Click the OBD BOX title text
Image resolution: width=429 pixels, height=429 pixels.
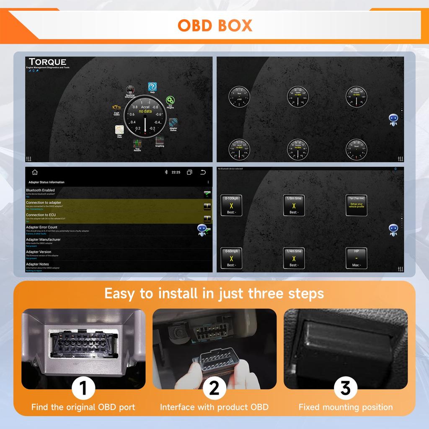point(215,25)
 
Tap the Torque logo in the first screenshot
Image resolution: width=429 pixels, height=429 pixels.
point(47,62)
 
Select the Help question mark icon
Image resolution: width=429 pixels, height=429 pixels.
point(152,87)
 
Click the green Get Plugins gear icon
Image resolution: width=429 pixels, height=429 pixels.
point(170,100)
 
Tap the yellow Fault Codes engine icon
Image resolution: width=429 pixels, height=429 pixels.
point(116,108)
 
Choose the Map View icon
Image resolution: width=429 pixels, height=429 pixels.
point(119,130)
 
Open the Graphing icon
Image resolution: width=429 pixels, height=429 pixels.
point(160,140)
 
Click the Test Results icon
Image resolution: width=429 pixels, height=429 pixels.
point(137,144)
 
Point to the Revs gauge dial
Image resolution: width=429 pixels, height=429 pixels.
point(239,97)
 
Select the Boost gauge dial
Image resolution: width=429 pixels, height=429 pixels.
point(356,150)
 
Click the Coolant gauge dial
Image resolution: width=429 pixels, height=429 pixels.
point(356,97)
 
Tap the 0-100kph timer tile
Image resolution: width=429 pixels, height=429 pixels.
point(231,205)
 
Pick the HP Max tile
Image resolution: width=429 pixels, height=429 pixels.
point(356,258)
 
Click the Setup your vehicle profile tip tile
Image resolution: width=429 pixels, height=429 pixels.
point(356,205)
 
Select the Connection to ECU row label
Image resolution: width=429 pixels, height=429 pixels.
point(40,215)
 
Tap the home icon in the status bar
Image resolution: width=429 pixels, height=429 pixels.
point(35,172)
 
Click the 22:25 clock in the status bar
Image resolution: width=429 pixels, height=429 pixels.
point(176,172)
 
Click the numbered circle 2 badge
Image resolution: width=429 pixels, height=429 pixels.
point(214,388)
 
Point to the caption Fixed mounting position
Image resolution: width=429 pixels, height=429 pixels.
point(346,407)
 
